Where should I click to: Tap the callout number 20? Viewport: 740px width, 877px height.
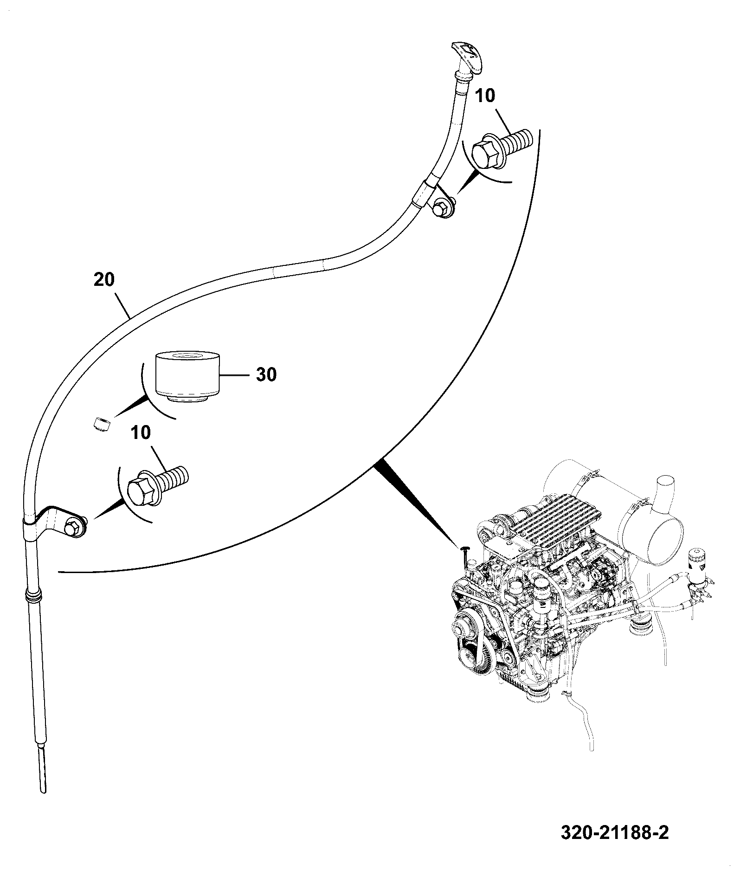(x=104, y=280)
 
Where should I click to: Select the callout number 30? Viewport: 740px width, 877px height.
(x=266, y=374)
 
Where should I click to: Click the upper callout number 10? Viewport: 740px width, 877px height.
(x=485, y=96)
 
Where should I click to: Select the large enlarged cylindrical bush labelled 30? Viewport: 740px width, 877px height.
(x=187, y=377)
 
